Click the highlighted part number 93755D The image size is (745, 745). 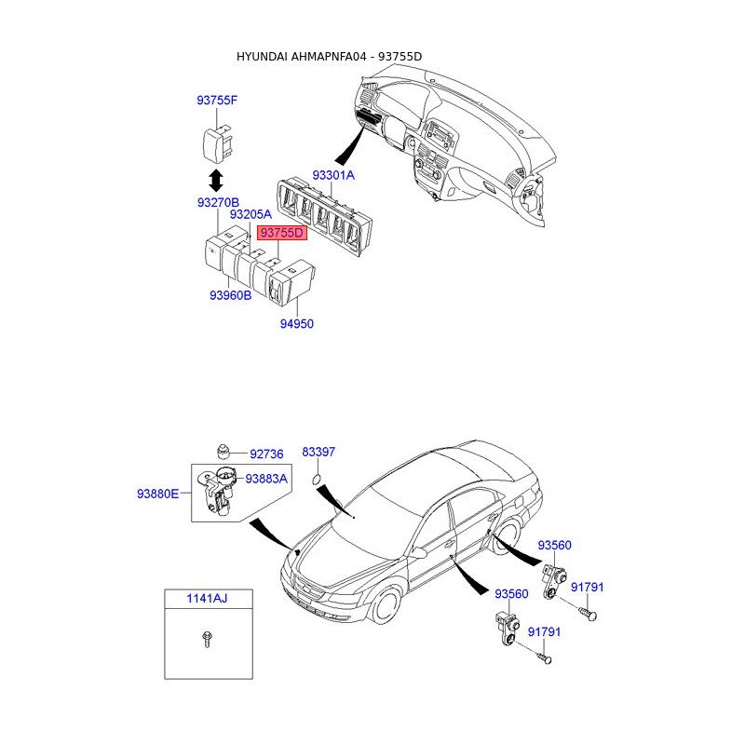(x=282, y=233)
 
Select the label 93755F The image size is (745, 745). (x=217, y=101)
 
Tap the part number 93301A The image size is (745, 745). (x=333, y=175)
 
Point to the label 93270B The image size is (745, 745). (x=218, y=202)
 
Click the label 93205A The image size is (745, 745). (x=251, y=215)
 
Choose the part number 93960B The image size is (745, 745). (x=230, y=295)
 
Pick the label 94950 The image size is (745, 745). (x=297, y=324)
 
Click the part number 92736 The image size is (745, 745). (x=265, y=454)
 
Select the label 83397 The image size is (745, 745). (x=318, y=452)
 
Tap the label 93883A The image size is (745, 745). (x=266, y=479)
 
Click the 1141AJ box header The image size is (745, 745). (x=206, y=598)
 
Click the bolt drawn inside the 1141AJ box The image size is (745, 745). (x=206, y=639)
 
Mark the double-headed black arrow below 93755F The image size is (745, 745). (x=215, y=178)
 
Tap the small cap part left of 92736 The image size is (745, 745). (x=223, y=452)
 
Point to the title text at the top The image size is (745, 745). (x=329, y=57)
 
